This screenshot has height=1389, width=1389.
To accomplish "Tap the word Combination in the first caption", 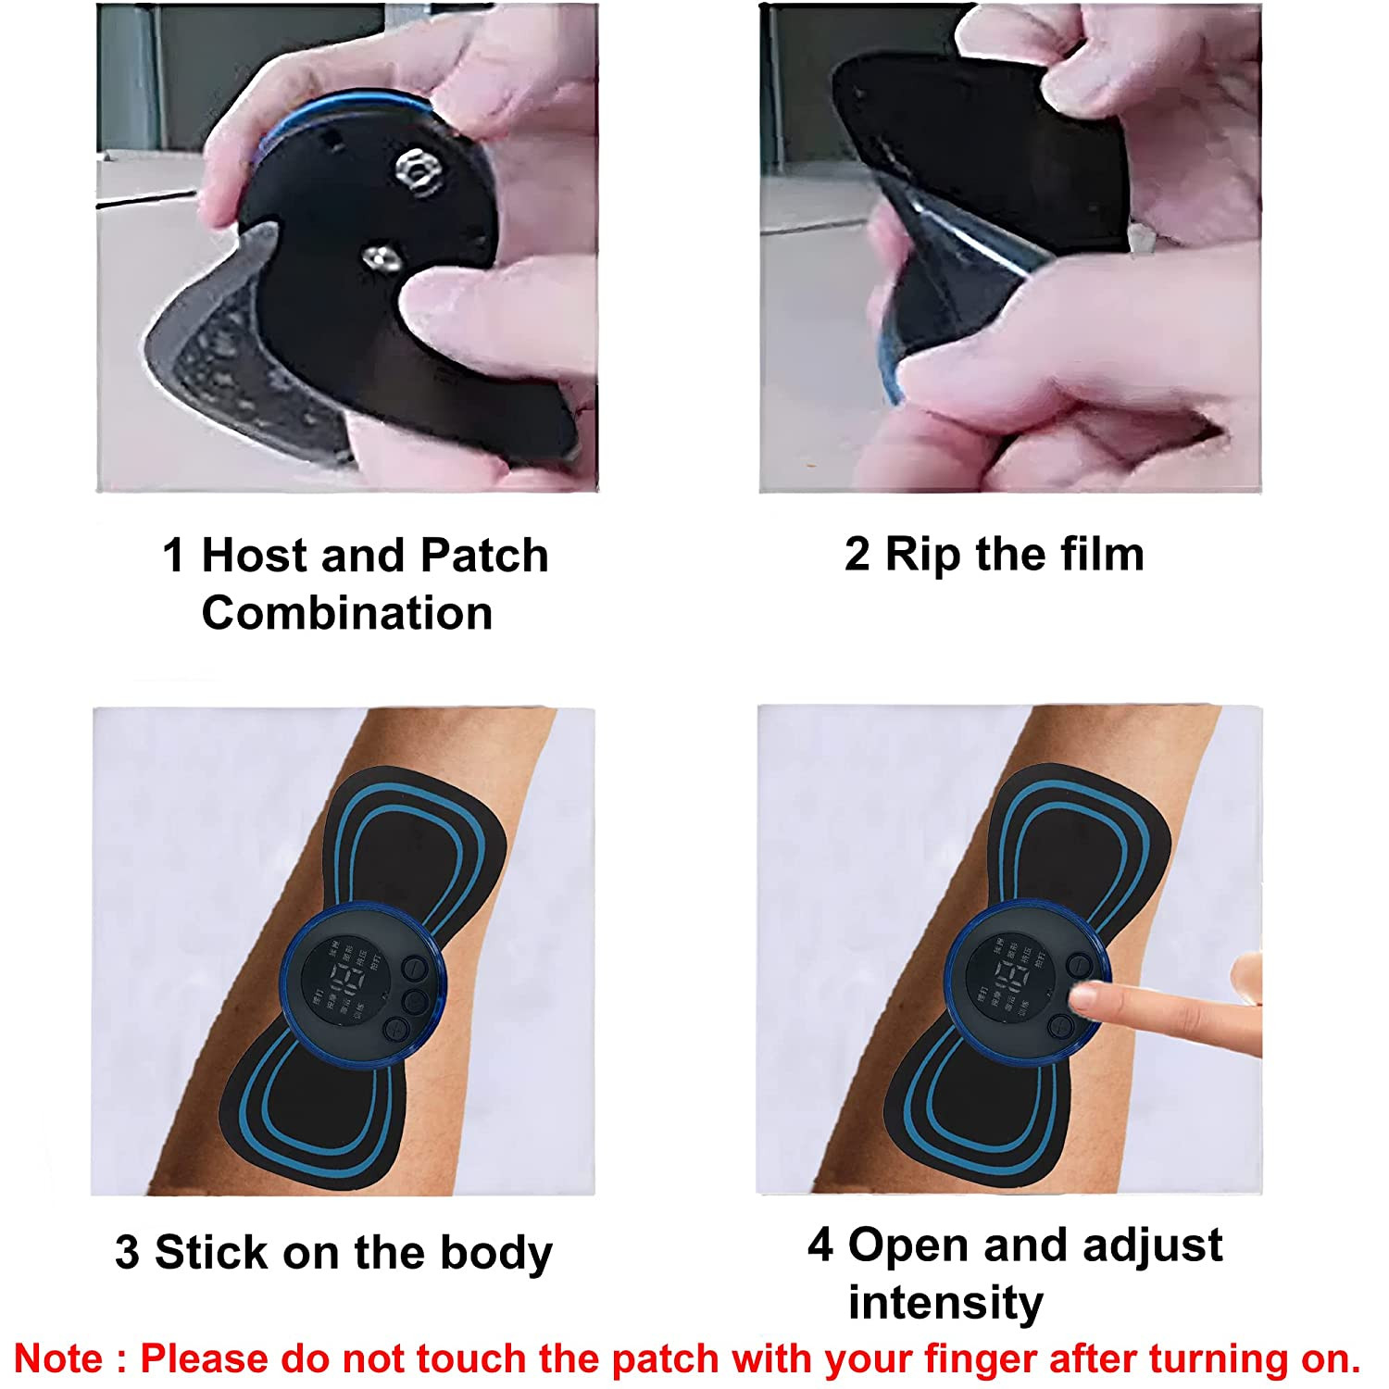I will [x=347, y=613].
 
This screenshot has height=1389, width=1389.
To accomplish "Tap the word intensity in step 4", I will [x=945, y=1302].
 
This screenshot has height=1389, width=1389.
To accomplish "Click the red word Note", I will [x=58, y=1358].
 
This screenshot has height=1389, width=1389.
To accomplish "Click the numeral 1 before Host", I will [x=173, y=556].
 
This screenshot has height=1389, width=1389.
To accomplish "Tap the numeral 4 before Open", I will [x=820, y=1245].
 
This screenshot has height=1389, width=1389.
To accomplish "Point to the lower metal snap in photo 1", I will [x=381, y=257].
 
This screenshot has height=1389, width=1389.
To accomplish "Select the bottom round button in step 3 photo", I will [x=397, y=1029].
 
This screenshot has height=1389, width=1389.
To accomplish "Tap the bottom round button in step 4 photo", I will [x=1061, y=1025].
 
